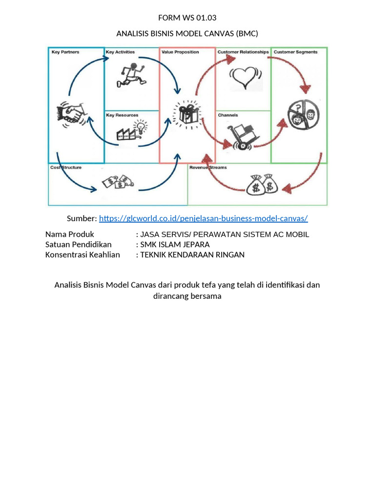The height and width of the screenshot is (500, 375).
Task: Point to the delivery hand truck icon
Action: (243, 136)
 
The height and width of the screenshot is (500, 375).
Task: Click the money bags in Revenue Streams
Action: (262, 185)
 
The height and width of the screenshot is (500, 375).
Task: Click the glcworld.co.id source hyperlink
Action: (203, 218)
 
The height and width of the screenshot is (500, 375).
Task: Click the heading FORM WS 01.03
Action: (187, 18)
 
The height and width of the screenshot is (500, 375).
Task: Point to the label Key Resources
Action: (122, 115)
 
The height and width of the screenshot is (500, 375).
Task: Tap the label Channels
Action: (228, 115)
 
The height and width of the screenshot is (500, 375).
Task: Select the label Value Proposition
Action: (180, 52)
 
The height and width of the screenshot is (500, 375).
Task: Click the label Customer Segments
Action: (295, 52)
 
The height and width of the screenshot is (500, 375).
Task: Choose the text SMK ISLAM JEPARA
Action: (175, 244)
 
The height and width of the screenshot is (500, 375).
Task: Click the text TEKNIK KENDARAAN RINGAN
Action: (192, 254)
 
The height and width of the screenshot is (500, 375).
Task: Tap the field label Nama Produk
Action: (69, 234)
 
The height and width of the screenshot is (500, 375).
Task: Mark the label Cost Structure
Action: (66, 167)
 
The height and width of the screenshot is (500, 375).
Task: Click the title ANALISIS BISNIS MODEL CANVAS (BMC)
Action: (187, 33)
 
